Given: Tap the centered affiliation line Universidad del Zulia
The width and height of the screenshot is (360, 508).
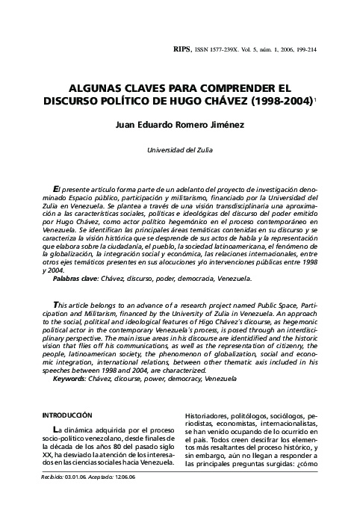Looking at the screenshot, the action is pyautogui.click(x=179, y=150).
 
